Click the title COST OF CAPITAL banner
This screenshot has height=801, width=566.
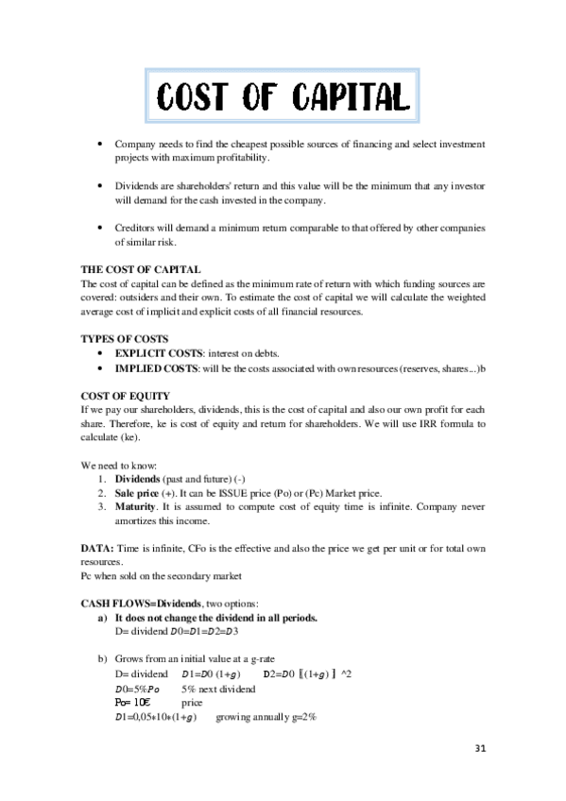coord(283,96)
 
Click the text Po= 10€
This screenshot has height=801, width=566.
coord(132,704)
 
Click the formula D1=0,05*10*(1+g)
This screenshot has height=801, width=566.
coord(154,718)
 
